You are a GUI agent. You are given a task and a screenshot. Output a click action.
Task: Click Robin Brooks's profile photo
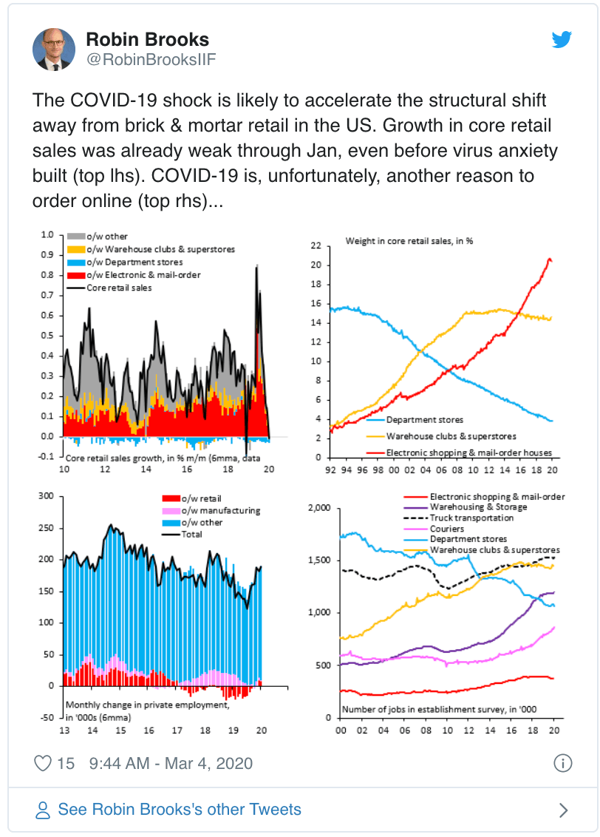coord(53,50)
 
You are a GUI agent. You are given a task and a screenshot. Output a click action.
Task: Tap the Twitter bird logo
coord(563,40)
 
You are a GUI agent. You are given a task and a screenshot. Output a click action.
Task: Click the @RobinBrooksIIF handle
coord(151,61)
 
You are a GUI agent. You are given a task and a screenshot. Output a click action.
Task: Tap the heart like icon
coord(44,763)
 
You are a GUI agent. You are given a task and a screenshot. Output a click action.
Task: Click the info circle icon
coord(563,763)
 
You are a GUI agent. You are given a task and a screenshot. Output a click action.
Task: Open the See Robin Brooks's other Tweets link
coord(180,809)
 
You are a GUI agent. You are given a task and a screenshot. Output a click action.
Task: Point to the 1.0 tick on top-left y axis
coord(48,236)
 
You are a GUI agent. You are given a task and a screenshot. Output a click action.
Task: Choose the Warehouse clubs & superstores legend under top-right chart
coord(451,436)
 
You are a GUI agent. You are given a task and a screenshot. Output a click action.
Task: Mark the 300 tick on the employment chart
coord(47,495)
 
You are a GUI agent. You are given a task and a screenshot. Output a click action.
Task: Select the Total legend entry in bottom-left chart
coord(191,535)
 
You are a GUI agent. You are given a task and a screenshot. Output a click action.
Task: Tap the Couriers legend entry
coord(446,529)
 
